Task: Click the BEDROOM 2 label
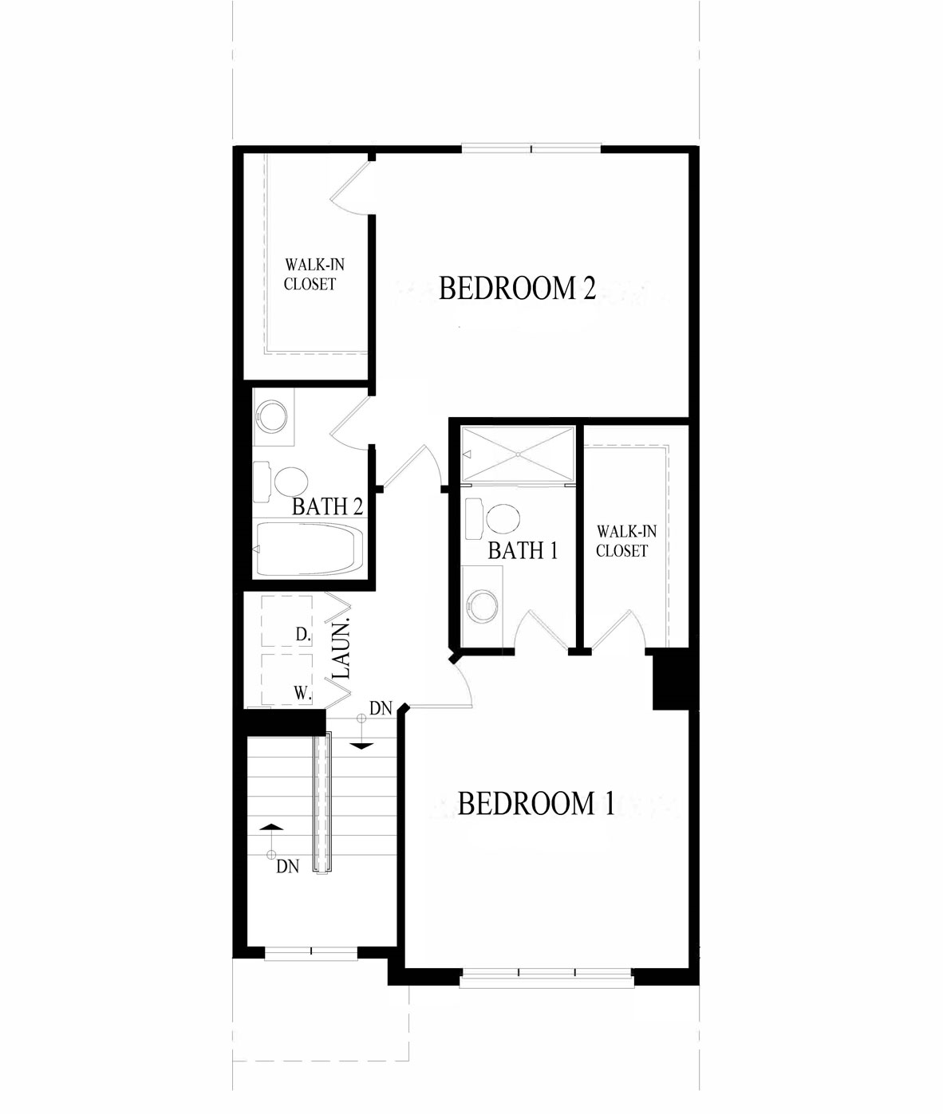(517, 288)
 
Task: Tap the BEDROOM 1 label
(536, 804)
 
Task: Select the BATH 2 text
(327, 506)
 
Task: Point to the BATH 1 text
(523, 551)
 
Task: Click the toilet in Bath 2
(280, 482)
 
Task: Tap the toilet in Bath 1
(492, 518)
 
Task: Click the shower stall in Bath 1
(518, 454)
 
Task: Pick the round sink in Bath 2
(271, 416)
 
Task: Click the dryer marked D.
(287, 621)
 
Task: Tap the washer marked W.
(287, 679)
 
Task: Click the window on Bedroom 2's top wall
(531, 149)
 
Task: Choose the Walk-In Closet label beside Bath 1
(625, 541)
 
